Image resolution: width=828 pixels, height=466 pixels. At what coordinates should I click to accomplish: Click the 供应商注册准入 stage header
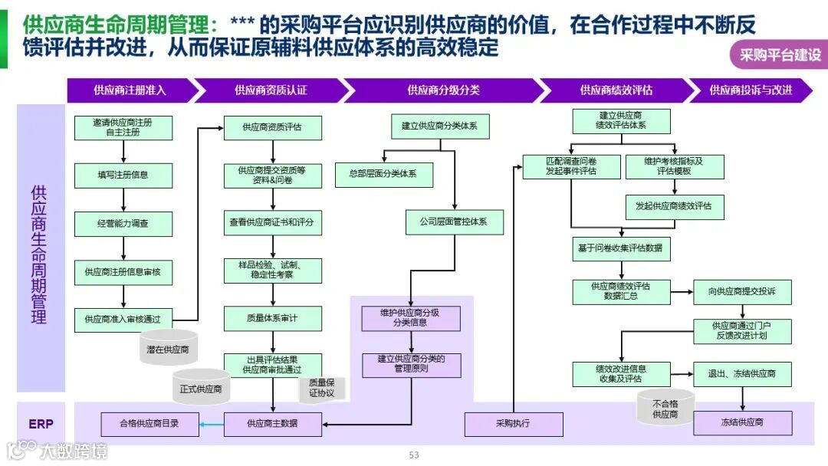(x=130, y=90)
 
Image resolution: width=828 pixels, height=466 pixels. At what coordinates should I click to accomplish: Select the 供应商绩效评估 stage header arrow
(x=616, y=90)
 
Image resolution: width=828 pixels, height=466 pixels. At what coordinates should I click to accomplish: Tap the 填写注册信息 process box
(x=123, y=175)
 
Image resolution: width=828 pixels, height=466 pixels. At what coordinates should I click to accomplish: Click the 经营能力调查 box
(x=123, y=224)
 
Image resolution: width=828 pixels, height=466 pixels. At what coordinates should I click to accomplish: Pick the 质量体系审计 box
(x=272, y=318)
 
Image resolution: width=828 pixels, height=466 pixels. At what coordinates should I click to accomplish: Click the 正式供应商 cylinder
(x=201, y=388)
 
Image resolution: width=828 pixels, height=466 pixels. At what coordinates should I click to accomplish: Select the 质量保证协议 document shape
(x=321, y=388)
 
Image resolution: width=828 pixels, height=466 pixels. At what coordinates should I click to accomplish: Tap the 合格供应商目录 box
(x=149, y=424)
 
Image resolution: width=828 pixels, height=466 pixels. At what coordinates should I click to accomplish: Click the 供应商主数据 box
(x=272, y=424)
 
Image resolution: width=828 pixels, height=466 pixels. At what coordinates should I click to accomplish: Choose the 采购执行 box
(x=513, y=424)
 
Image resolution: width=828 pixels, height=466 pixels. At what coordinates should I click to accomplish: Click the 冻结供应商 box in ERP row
(x=742, y=423)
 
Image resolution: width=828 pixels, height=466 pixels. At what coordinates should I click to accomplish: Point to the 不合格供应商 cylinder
(x=665, y=409)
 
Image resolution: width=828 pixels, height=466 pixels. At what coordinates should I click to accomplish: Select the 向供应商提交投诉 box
(x=742, y=291)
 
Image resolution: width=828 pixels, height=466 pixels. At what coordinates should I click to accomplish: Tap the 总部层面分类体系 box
(x=384, y=175)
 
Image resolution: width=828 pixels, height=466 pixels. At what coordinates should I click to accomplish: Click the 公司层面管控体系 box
(x=456, y=222)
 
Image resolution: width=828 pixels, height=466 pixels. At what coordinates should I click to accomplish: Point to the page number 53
(x=414, y=455)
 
